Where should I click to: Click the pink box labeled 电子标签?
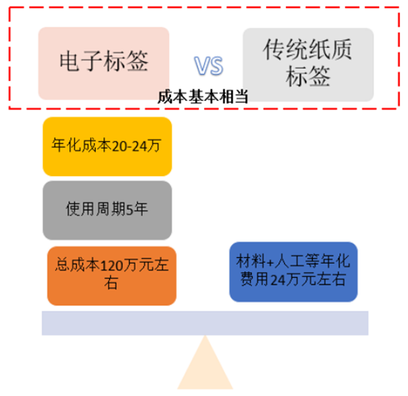pos(103,63)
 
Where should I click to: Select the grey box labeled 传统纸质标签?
pos(308,64)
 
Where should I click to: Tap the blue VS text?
pos(208,65)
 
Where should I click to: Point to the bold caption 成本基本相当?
pos(203,97)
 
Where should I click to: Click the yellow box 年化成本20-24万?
pos(107,146)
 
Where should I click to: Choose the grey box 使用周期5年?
pos(107,210)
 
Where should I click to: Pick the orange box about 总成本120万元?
pos(111,276)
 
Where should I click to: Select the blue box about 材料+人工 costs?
pos(293,272)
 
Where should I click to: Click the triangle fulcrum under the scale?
pos(205,362)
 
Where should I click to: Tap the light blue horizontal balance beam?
pos(205,323)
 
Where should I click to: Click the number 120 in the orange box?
pos(111,266)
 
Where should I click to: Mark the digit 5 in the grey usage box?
pos(129,210)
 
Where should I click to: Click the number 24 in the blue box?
pos(278,280)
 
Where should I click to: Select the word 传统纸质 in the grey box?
pos(307,50)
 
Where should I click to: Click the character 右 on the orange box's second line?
pos(111,283)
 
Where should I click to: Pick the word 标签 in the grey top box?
pos(308,76)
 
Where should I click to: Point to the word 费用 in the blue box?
pos(255,279)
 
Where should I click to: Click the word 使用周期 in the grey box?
pos(96,209)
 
